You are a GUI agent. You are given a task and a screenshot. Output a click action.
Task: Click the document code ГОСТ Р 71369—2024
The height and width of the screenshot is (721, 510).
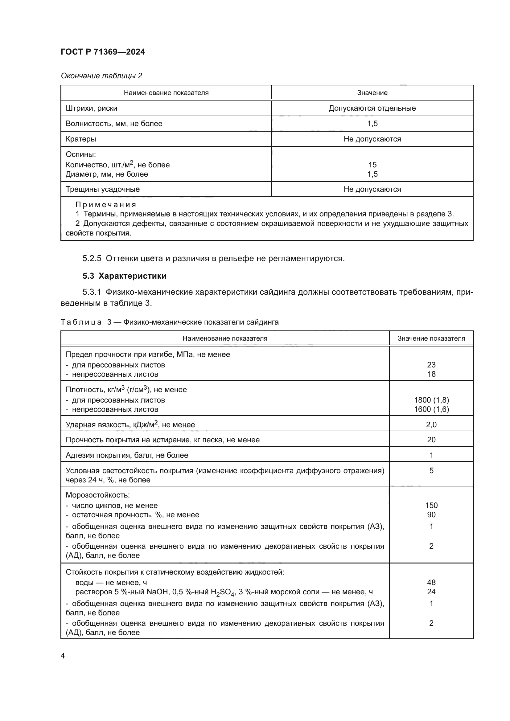[x=103, y=52]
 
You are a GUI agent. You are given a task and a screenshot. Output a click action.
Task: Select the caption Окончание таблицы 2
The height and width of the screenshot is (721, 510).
[x=101, y=76]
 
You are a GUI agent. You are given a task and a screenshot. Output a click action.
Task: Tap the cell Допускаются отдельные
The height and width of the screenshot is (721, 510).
[x=372, y=108]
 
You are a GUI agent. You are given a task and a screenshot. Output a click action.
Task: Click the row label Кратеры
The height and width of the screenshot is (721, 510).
[x=81, y=139]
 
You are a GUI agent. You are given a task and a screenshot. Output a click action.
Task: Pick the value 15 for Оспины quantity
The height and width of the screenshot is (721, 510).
[x=372, y=165]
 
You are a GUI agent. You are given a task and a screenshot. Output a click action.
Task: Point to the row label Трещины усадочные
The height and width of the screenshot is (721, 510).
[x=102, y=189]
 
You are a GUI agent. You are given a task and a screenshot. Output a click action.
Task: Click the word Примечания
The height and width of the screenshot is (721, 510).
[x=105, y=205]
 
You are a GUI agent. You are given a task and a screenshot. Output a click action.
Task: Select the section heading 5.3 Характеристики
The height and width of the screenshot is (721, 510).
[x=124, y=276]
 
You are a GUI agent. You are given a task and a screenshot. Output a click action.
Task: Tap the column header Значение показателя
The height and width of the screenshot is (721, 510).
[x=431, y=338]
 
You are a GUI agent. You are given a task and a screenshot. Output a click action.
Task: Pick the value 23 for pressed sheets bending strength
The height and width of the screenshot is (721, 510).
[x=431, y=365]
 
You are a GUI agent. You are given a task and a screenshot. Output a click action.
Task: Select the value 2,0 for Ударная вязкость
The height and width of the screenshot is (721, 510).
[x=431, y=424]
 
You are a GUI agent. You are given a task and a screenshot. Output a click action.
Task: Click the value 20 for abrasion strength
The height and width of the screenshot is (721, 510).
[x=431, y=440]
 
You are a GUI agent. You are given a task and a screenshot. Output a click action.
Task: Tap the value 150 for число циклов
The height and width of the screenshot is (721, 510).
[x=431, y=505]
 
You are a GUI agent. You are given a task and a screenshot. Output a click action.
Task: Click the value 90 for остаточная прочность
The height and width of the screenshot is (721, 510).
[x=431, y=514]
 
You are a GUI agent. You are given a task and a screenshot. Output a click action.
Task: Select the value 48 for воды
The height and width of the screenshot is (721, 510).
[x=431, y=582]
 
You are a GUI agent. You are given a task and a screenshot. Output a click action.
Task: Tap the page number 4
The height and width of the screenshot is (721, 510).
[x=63, y=656]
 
